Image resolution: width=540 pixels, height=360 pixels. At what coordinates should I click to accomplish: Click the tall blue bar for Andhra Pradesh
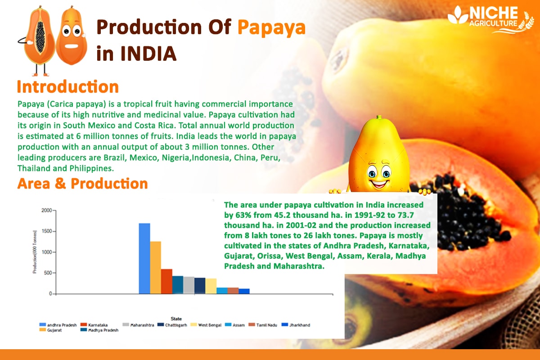144,258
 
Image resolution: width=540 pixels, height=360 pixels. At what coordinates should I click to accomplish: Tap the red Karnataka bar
166,281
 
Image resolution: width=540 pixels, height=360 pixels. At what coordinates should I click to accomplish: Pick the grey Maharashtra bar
189,285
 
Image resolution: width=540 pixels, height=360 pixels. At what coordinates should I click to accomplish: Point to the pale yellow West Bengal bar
211,286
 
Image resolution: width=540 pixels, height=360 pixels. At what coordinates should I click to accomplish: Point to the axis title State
176,319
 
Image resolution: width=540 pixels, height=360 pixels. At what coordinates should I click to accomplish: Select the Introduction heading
67,86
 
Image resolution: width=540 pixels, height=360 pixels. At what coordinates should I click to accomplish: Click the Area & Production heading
82,184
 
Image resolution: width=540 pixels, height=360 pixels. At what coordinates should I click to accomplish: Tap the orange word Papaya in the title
271,28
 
